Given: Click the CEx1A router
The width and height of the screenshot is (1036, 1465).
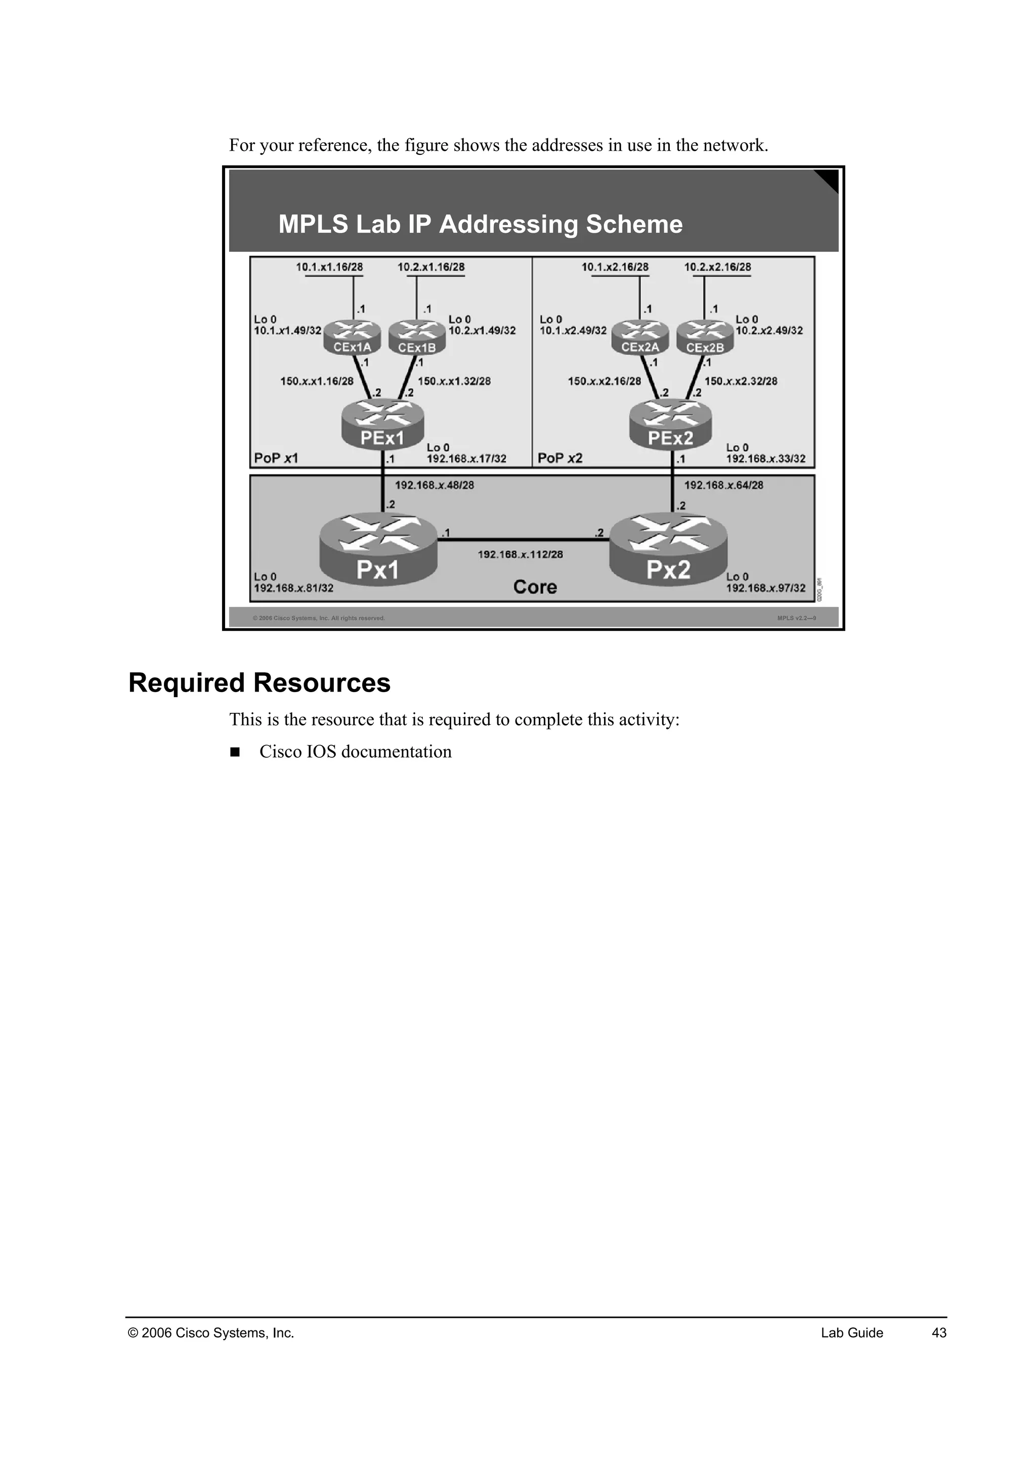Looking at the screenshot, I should coord(352,337).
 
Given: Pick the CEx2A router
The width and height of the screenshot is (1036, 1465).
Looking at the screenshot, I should coord(640,337).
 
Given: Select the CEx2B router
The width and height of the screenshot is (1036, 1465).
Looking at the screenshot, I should coord(705,337).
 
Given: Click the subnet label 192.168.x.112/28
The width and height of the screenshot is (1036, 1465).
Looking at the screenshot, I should coord(520,554).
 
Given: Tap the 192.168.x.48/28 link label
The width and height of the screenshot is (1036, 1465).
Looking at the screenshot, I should coord(434,485).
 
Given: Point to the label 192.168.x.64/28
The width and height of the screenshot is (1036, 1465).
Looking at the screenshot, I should coord(723,485).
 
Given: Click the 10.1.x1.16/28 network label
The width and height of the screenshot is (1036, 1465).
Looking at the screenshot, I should coord(329,267).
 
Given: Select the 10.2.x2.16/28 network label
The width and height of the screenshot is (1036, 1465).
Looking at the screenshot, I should coord(718,267).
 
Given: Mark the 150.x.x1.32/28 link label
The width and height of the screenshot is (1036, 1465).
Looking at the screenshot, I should coord(454,381).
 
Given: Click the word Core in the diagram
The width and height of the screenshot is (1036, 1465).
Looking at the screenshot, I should coord(535,587).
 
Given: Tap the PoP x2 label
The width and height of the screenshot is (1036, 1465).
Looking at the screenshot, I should coord(559,458).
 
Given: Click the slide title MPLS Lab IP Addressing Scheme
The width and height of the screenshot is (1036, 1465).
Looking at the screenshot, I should coord(481,225).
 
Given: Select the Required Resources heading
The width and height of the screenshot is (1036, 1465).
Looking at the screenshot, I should coord(259,683).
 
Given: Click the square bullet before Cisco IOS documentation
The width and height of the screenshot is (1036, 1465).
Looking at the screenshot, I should coord(235,752).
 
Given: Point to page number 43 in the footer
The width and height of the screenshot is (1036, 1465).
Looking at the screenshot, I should coord(939,1333).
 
